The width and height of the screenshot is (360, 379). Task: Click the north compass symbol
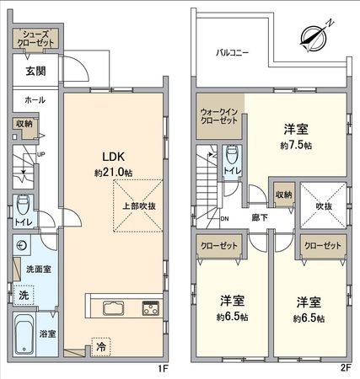point(312,36)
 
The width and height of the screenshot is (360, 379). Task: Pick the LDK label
point(114,157)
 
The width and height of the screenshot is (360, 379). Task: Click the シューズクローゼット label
point(34,39)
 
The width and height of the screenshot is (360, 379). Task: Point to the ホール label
point(35,99)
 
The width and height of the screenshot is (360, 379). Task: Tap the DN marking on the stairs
point(224,219)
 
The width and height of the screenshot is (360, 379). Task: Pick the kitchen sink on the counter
point(113,307)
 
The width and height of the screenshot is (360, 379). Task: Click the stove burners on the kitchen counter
point(150,307)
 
